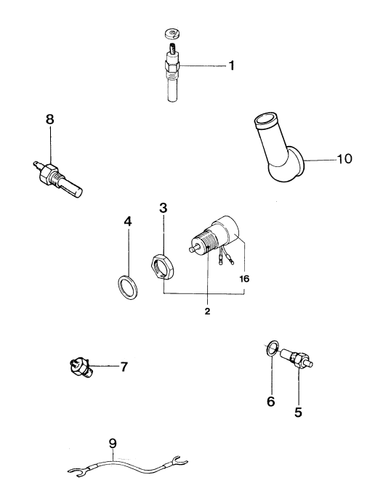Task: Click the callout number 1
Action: [232, 65]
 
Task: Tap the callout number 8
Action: [50, 120]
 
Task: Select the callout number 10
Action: [344, 158]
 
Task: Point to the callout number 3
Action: [163, 208]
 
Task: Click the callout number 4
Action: [128, 221]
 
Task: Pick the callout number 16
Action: [244, 279]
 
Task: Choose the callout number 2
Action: [207, 312]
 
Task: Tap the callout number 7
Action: [124, 367]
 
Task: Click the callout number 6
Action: [271, 402]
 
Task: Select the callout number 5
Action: [298, 412]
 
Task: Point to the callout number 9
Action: [113, 444]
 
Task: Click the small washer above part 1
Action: [172, 33]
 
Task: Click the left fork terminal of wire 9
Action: [76, 472]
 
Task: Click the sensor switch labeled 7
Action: [81, 367]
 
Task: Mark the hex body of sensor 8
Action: [49, 174]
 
